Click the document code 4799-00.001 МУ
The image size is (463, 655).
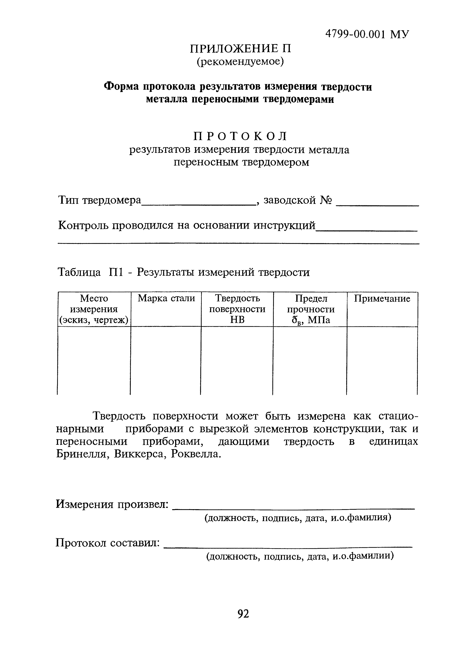point(367,35)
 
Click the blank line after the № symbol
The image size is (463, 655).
point(377,204)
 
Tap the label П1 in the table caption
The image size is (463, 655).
point(116,272)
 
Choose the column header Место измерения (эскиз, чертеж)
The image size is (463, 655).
point(94,309)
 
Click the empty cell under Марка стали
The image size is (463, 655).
point(166,360)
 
